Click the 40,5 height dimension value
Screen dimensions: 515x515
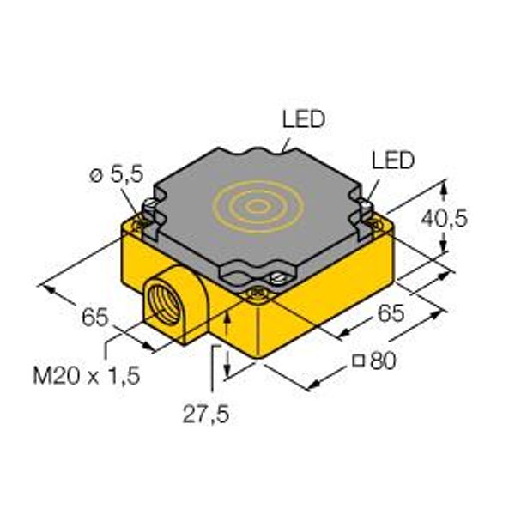click(444, 219)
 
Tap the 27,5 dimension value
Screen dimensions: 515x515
click(206, 415)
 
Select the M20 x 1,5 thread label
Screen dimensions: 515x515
click(87, 375)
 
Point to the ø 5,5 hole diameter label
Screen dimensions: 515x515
click(117, 174)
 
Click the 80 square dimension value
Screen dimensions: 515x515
click(384, 361)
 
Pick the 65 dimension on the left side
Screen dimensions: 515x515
click(95, 318)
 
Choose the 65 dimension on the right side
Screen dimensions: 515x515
click(391, 313)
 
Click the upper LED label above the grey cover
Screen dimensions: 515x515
click(304, 119)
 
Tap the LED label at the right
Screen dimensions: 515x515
click(393, 161)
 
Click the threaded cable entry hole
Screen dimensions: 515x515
click(164, 304)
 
